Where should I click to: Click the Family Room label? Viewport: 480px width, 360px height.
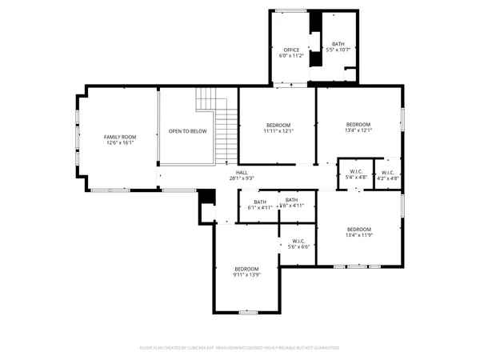(118, 137)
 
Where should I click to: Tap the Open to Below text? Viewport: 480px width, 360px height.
(187, 131)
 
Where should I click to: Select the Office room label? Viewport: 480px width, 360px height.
(291, 50)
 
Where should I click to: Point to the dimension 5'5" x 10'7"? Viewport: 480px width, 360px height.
(339, 50)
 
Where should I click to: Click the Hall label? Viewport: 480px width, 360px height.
(242, 172)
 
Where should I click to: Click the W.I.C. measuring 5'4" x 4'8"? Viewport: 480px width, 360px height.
(356, 175)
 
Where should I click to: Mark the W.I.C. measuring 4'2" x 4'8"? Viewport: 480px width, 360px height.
(387, 175)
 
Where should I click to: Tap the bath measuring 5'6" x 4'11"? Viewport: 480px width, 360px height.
(292, 202)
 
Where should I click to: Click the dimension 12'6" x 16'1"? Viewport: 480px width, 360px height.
(118, 142)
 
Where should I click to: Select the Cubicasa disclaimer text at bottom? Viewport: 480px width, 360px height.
(240, 347)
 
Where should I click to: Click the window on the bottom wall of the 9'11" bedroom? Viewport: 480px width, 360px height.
(246, 311)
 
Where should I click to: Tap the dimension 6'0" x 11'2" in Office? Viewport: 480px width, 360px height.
(291, 56)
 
